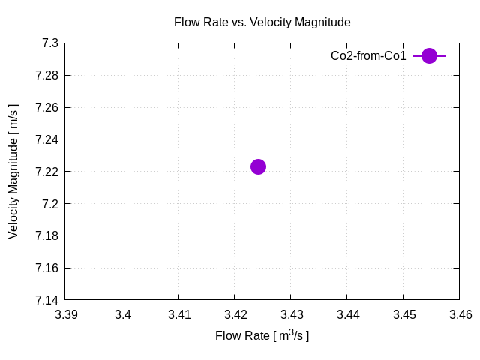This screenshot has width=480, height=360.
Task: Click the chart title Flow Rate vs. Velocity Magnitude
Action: [x=262, y=22]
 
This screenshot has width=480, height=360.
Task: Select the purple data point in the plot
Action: [x=258, y=166]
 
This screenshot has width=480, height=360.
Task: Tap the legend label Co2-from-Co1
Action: [x=368, y=55]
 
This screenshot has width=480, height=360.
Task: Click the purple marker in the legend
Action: [x=429, y=55]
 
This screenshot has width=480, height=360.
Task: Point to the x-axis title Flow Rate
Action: [x=262, y=335]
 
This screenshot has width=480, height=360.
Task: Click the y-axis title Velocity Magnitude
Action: [x=13, y=172]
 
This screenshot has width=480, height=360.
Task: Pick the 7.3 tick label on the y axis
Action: [x=50, y=43]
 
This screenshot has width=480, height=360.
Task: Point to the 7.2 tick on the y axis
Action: [x=50, y=204]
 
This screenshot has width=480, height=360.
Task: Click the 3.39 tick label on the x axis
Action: [x=66, y=315]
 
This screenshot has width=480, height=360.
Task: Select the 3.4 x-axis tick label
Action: [x=122, y=315]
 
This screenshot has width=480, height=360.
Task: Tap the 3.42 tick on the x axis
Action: [x=235, y=315]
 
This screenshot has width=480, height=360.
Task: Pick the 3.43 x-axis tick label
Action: [x=291, y=315]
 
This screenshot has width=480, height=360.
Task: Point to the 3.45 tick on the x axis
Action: [x=403, y=315]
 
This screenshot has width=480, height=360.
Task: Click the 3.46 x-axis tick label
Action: [x=460, y=315]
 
